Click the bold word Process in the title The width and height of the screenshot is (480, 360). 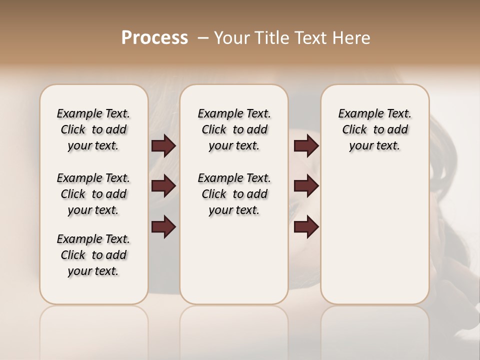(154, 38)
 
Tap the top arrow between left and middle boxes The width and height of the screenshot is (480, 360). (163, 146)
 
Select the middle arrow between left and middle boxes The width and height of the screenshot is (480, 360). (163, 186)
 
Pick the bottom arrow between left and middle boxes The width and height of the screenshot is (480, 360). (163, 227)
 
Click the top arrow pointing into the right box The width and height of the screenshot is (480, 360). (306, 146)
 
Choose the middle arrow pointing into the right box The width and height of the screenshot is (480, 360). (306, 186)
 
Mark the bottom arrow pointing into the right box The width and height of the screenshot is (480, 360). (306, 227)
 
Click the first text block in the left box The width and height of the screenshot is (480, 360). (93, 129)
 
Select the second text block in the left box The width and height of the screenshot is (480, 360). (93, 194)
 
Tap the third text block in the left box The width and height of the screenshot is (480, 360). (93, 255)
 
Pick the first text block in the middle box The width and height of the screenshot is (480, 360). (234, 129)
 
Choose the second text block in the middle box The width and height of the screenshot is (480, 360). (234, 194)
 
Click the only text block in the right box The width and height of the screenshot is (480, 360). (374, 129)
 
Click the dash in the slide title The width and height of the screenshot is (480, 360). (203, 38)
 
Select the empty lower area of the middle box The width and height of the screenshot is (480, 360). (234, 260)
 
